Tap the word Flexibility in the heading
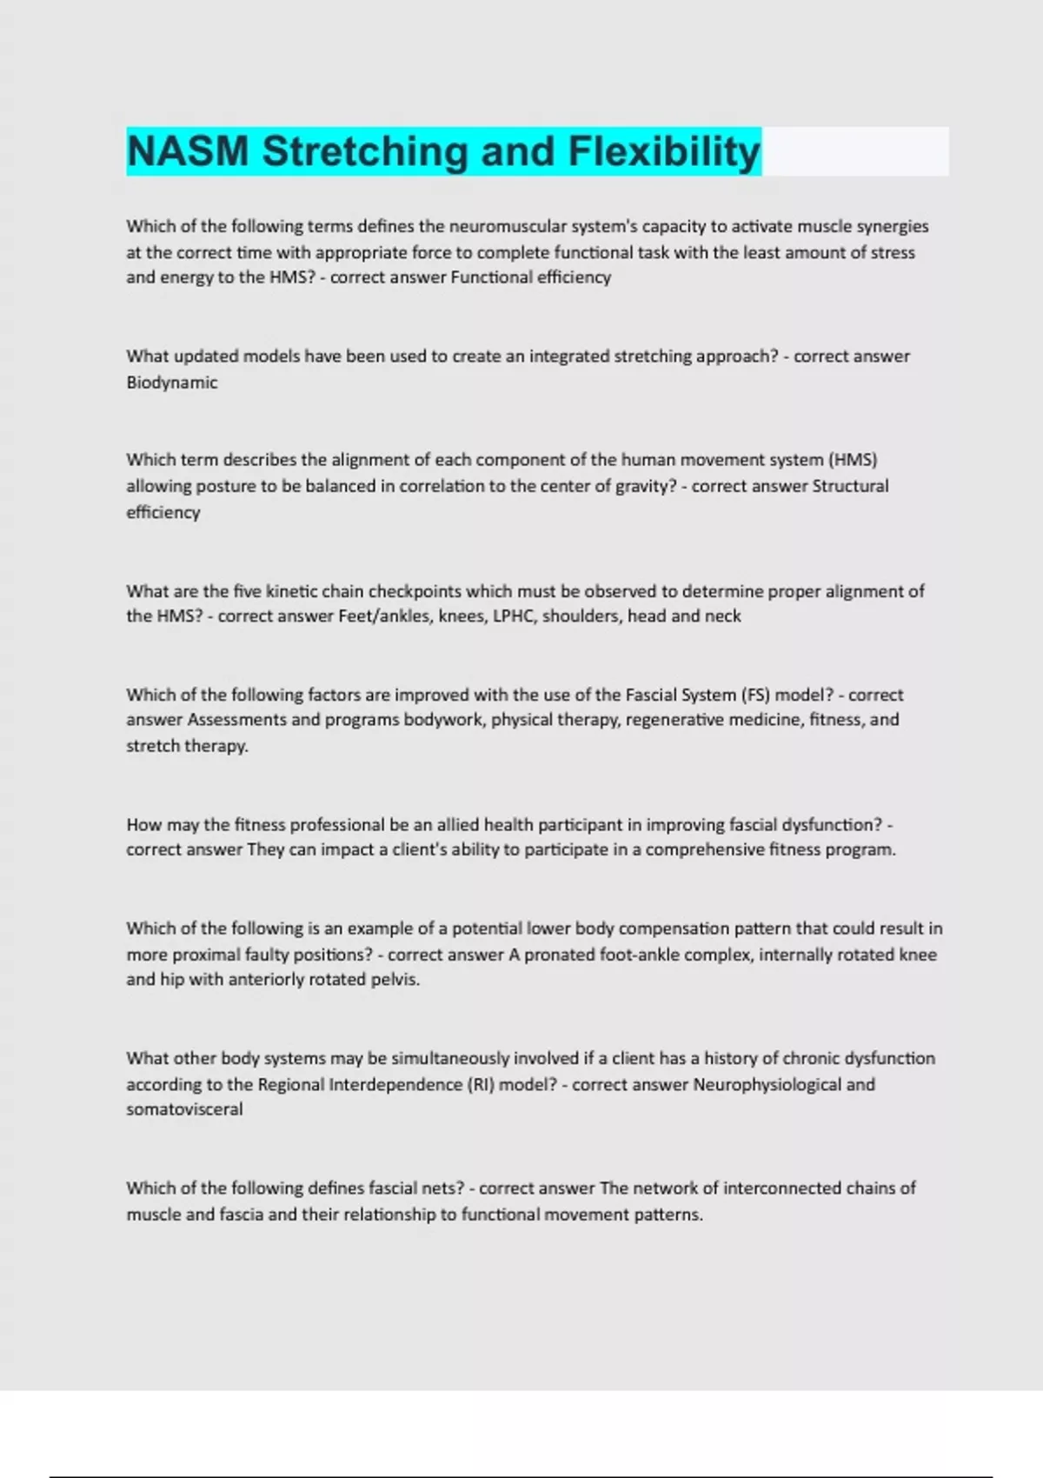click(664, 151)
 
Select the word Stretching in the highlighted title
click(366, 151)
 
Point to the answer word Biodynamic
click(172, 382)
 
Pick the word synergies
click(893, 226)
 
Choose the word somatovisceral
click(184, 1108)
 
